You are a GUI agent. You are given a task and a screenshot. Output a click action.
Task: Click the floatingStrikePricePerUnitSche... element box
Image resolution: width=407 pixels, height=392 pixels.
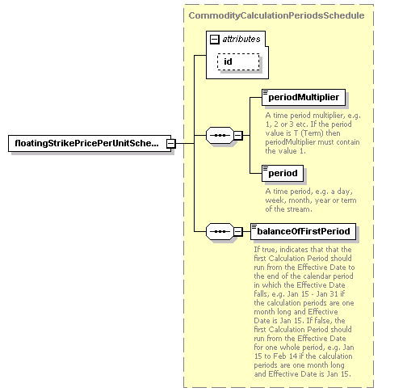[x=90, y=143]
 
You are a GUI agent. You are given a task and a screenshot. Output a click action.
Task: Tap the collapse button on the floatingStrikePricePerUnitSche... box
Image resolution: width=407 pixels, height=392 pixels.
[x=170, y=144]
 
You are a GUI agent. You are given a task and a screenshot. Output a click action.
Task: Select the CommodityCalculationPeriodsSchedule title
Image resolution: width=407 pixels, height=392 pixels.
[x=276, y=15]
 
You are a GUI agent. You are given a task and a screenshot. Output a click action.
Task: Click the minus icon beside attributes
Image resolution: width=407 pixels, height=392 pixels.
[x=214, y=40]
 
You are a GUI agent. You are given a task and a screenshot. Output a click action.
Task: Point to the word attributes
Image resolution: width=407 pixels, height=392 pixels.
[x=241, y=40]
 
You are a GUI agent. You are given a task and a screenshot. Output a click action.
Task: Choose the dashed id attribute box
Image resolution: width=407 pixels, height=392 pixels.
[x=238, y=61]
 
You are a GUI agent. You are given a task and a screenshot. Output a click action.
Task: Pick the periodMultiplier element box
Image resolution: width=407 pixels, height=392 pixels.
[x=304, y=97]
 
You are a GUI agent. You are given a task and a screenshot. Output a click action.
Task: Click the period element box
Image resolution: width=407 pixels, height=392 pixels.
[x=283, y=173]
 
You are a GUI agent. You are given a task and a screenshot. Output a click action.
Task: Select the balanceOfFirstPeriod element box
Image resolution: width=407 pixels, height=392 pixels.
[x=303, y=231]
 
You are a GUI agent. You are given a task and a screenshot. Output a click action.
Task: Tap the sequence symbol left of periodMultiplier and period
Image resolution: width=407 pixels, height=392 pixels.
[x=220, y=135]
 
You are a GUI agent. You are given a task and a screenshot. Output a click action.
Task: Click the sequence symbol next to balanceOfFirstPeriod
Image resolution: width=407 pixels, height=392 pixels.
[x=220, y=231]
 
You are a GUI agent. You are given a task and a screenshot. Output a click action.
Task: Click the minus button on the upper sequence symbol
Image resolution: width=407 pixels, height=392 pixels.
[x=238, y=135]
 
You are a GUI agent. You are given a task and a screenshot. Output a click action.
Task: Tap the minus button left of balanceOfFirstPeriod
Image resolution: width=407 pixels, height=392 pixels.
[x=238, y=231]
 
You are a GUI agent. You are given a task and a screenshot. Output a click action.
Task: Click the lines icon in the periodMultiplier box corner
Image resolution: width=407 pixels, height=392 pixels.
[x=266, y=93]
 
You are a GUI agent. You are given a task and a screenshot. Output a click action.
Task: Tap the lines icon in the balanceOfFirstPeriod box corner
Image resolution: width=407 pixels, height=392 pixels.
[x=254, y=227]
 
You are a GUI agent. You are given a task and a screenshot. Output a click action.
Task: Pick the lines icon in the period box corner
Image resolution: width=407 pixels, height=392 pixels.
[x=266, y=169]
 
